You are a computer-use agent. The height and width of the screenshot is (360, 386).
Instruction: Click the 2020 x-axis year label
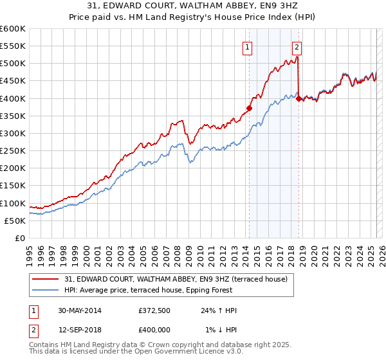coord(313,251)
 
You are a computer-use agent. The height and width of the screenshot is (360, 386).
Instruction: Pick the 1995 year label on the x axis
coord(29,251)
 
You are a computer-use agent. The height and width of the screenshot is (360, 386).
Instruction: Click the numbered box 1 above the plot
coord(248,46)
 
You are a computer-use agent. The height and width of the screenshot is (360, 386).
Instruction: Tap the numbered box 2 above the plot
coord(297,46)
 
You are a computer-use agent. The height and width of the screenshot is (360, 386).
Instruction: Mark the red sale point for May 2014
coord(249,108)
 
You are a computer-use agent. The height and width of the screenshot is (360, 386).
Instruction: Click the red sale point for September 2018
coord(298,98)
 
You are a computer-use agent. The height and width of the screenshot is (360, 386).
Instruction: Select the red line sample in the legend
coord(46,278)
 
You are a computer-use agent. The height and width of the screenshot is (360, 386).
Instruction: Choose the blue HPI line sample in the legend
coord(46,290)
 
